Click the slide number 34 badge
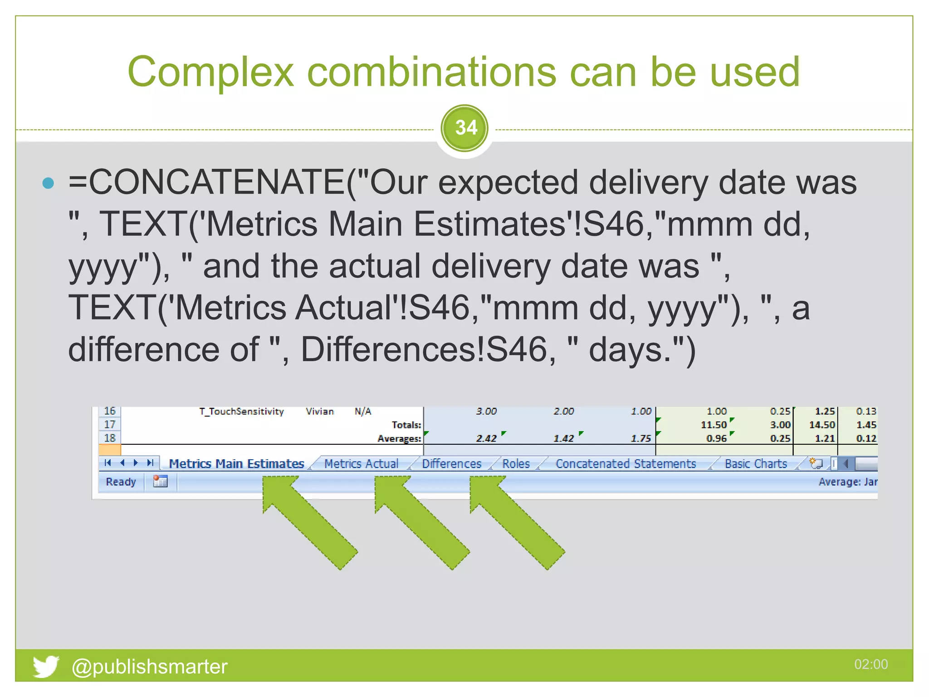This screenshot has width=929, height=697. [x=464, y=128]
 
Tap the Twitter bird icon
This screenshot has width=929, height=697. [x=45, y=666]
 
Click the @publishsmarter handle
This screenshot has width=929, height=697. [x=149, y=667]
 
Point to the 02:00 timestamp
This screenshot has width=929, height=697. [x=870, y=664]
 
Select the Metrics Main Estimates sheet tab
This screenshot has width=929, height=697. [x=236, y=464]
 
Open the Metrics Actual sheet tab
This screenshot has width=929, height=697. [x=361, y=464]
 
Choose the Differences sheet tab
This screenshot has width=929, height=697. [x=451, y=464]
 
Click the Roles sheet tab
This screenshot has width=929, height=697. [x=516, y=464]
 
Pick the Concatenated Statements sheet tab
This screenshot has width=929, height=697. [x=626, y=464]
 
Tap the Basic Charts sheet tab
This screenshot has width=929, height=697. [x=756, y=464]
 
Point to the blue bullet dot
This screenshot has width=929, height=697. [x=48, y=183]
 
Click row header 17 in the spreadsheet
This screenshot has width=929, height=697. [x=110, y=425]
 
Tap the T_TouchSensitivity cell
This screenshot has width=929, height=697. [x=241, y=412]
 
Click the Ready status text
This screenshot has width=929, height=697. [x=121, y=482]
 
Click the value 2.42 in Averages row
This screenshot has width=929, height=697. [x=486, y=438]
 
